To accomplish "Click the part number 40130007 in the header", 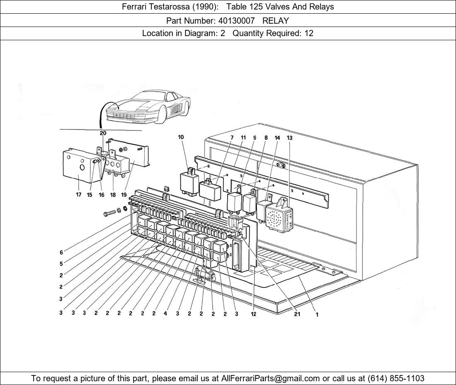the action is click(x=235, y=20).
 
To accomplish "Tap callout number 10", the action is click(x=181, y=137).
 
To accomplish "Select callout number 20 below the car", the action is click(x=103, y=133).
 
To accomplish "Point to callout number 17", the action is click(x=78, y=195).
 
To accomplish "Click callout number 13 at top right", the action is click(x=289, y=138).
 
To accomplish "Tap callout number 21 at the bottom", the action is click(x=297, y=314).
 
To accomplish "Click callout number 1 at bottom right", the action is click(x=317, y=314).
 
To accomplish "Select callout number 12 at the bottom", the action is click(x=253, y=314).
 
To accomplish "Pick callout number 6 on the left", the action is click(x=61, y=253).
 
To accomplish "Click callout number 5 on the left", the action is click(x=61, y=264).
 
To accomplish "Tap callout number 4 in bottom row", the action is click(x=165, y=314).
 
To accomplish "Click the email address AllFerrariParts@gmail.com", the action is click(x=271, y=378).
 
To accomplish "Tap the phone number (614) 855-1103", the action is click(x=396, y=378).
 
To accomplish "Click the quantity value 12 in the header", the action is click(x=309, y=33).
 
